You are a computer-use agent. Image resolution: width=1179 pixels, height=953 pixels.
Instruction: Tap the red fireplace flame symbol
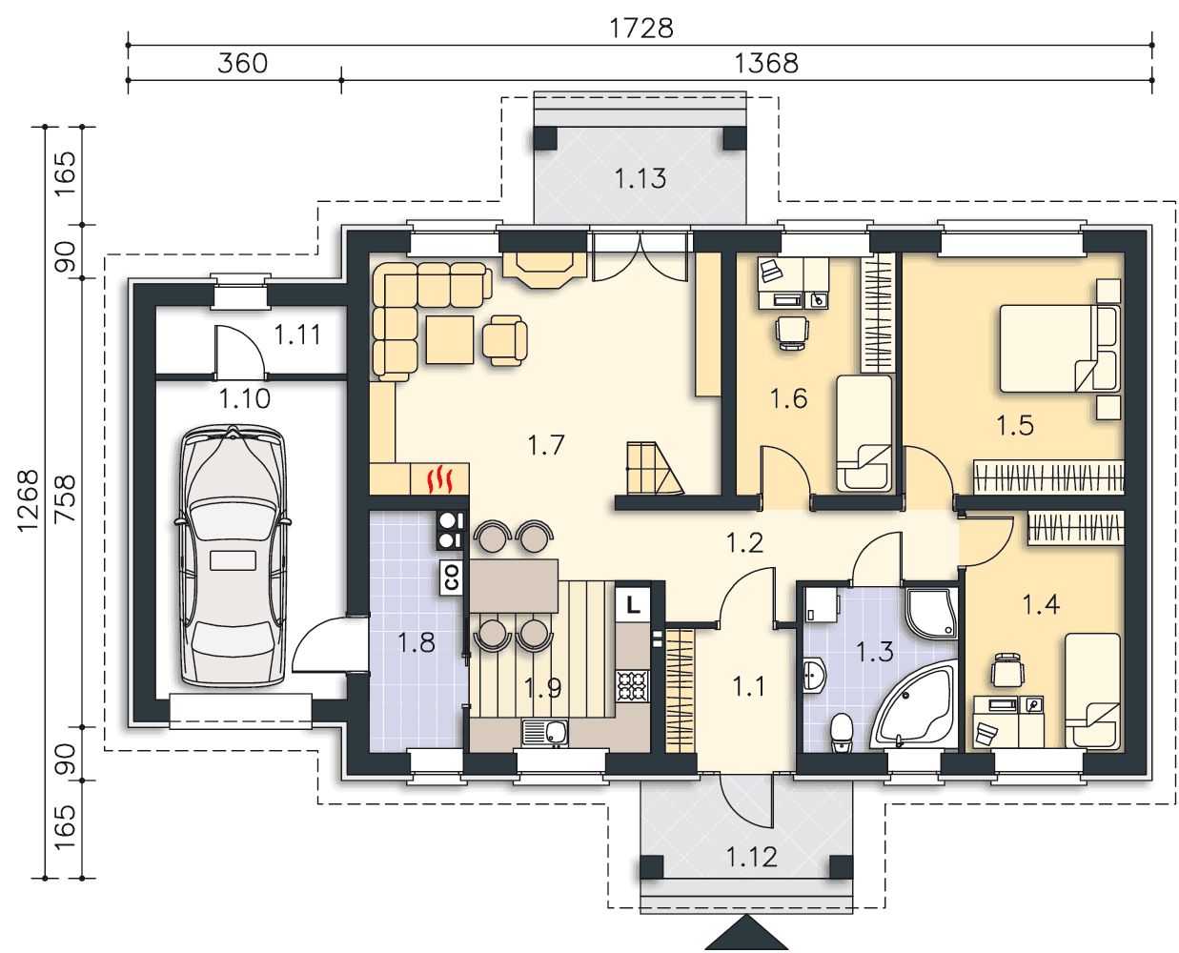(x=441, y=479)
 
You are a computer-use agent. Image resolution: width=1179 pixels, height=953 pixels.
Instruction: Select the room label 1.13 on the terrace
(x=640, y=178)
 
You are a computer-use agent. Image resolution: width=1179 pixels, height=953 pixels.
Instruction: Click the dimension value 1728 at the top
(x=641, y=29)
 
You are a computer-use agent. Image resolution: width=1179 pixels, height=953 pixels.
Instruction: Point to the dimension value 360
(x=242, y=63)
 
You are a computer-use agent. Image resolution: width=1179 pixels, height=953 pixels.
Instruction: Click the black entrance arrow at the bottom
(x=746, y=932)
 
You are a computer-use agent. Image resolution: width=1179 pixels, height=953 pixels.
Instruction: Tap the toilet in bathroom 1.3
(x=842, y=733)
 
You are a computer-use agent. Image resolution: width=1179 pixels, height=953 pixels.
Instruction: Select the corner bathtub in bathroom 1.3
(x=914, y=704)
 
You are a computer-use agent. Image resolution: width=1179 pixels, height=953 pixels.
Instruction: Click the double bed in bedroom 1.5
(x=1060, y=348)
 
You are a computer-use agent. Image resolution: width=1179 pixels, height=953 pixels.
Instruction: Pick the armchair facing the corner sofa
(x=504, y=340)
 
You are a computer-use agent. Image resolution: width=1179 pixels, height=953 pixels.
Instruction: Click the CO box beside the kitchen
(x=451, y=578)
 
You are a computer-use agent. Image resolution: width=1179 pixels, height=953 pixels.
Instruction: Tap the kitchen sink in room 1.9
(x=544, y=733)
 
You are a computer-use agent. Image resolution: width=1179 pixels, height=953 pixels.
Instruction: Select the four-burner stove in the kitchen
(x=632, y=686)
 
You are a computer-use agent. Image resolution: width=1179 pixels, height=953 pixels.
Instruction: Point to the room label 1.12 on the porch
(x=751, y=857)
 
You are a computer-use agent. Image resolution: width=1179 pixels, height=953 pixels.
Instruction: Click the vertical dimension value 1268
(x=28, y=501)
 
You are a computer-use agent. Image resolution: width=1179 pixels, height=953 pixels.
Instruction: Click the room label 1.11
(x=297, y=335)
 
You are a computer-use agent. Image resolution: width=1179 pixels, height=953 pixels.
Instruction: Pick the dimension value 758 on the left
(x=65, y=498)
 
